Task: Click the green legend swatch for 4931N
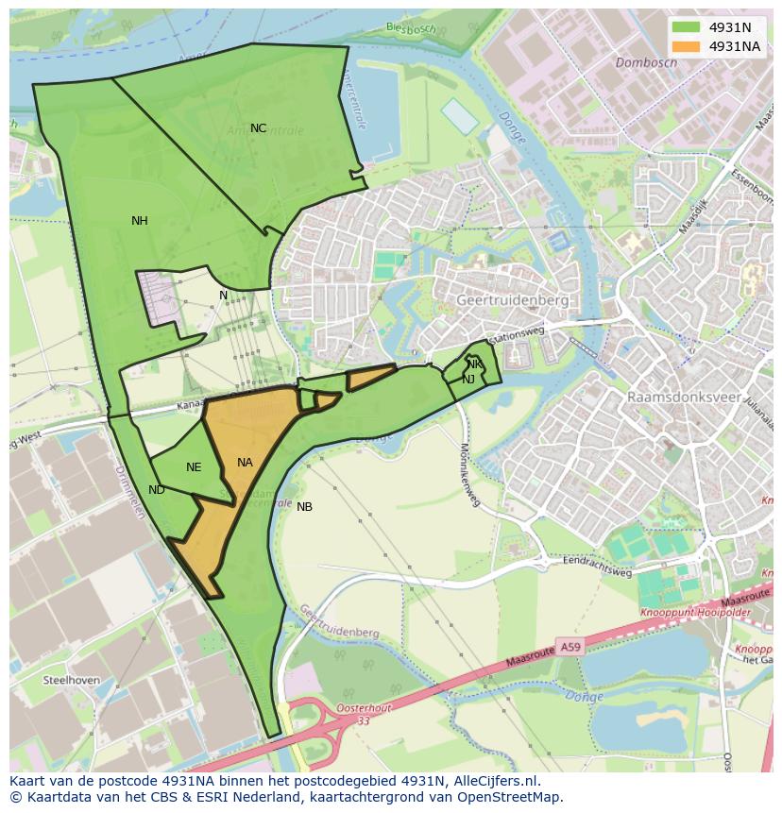[x=687, y=27]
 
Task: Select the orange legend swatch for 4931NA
[x=687, y=46]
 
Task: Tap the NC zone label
[x=258, y=128]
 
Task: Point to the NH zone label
[x=139, y=221]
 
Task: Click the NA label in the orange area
[x=245, y=463]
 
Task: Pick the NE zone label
[x=194, y=467]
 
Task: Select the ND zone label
[x=157, y=490]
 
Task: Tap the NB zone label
[x=304, y=507]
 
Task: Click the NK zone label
[x=474, y=364]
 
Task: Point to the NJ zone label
[x=468, y=380]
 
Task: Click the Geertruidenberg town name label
[x=513, y=300]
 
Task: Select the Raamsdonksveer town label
[x=685, y=398]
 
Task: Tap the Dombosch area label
[x=646, y=63]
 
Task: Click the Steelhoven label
[x=72, y=680]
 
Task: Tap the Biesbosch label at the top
[x=411, y=28]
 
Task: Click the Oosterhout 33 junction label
[x=364, y=714]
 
